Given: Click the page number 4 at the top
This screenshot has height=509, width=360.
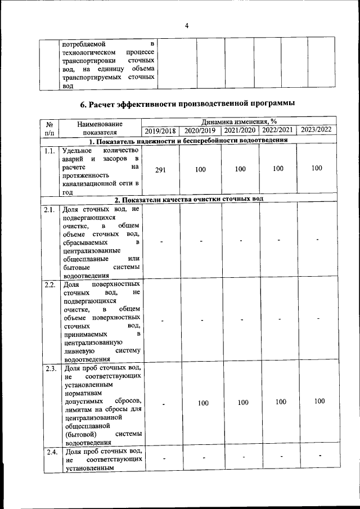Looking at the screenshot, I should [186, 25].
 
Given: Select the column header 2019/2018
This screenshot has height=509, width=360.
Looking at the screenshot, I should [161, 130].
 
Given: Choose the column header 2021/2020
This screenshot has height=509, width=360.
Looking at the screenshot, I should [240, 130].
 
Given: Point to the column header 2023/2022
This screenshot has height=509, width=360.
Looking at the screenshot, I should [316, 129].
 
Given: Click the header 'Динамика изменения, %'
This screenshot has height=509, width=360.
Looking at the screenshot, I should [239, 121].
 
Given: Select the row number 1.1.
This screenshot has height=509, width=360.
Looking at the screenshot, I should [49, 151].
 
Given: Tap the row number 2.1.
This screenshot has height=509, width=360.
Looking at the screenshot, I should [49, 209].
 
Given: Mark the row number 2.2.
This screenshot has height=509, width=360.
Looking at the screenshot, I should [49, 284].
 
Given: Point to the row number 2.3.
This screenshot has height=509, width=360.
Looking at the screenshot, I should [49, 369].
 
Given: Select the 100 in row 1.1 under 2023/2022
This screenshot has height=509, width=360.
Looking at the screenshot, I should [316, 168].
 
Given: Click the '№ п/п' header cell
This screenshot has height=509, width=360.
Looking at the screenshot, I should [49, 126].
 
